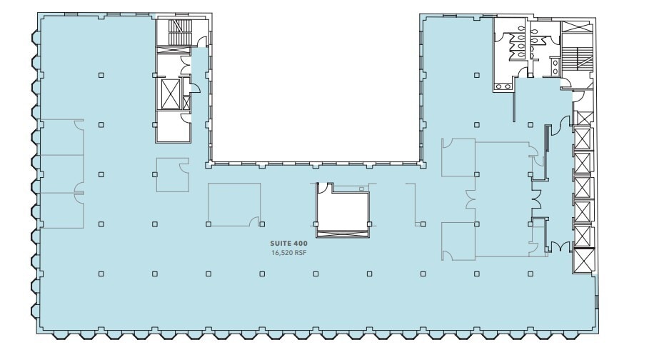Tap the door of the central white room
(323, 188)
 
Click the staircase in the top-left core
(176, 31)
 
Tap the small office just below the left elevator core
(171, 174)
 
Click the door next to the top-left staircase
(202, 42)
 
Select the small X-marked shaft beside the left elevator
(187, 103)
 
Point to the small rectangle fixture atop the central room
(362, 189)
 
